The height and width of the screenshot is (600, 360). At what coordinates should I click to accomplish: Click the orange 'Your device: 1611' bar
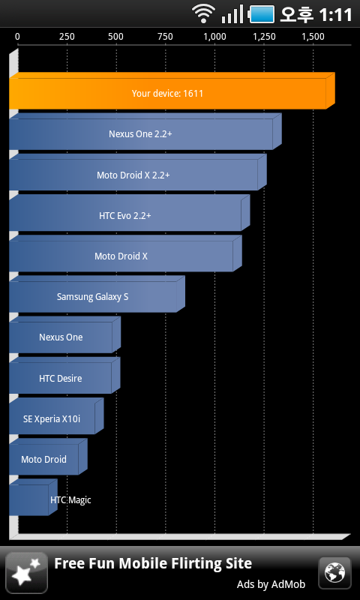[x=172, y=91]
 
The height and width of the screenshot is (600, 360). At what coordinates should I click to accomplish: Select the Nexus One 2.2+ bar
[x=145, y=131]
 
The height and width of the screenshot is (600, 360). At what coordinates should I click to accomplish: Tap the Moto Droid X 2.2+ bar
[x=138, y=172]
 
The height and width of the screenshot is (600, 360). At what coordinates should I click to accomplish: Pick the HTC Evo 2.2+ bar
[x=130, y=213]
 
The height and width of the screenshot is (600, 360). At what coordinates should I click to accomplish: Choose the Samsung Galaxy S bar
[x=97, y=294]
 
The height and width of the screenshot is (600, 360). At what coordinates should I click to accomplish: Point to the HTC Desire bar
[x=64, y=376]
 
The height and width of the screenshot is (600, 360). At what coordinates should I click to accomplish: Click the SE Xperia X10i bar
[x=56, y=416]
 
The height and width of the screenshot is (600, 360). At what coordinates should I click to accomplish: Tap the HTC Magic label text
[x=70, y=500]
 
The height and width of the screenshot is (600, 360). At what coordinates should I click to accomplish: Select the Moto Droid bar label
[x=43, y=459]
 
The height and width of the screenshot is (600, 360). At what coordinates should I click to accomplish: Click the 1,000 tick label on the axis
[x=214, y=37]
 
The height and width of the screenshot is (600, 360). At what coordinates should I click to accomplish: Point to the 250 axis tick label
[x=67, y=37]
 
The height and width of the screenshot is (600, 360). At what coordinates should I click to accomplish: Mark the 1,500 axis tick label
[x=313, y=37]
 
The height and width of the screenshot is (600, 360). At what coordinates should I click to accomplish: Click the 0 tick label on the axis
[x=17, y=37]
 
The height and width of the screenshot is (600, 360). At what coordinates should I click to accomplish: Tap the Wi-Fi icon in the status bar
[x=204, y=13]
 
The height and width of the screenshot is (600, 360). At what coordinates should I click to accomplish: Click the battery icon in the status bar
[x=262, y=14]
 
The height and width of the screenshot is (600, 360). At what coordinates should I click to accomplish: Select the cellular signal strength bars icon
[x=232, y=14]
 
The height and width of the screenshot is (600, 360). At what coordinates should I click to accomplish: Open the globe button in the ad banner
[x=334, y=573]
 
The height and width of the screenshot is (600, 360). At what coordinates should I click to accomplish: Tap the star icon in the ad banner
[x=27, y=573]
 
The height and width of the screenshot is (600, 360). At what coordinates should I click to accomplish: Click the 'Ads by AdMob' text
[x=271, y=584]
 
